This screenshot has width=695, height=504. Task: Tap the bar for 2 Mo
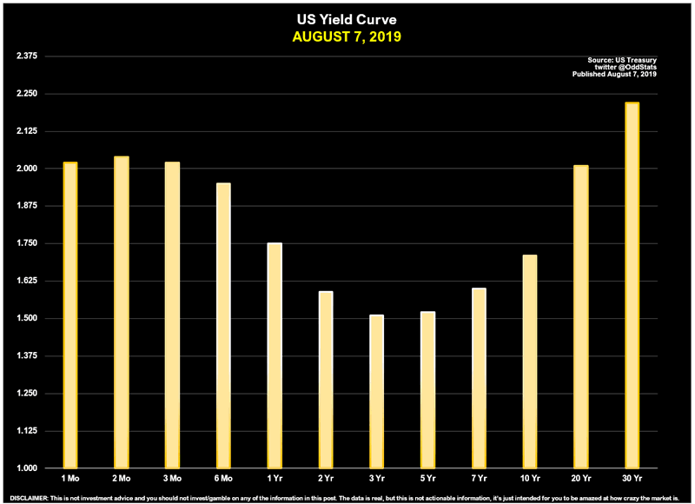122,312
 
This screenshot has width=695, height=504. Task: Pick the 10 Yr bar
530,361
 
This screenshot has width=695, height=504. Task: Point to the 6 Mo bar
223,325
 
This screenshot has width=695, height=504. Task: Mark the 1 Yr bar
275,355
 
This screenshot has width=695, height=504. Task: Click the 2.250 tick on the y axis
29,94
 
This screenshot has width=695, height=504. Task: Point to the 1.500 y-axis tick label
29,319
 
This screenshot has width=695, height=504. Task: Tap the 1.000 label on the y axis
29,469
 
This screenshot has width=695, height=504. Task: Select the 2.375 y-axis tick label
29,56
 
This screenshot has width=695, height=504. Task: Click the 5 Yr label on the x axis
428,479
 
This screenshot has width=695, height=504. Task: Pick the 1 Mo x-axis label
71,479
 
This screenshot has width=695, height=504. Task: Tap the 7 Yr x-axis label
479,479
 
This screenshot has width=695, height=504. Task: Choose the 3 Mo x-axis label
173,479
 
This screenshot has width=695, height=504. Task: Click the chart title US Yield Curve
347,18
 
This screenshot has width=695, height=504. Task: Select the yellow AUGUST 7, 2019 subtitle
347,36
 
